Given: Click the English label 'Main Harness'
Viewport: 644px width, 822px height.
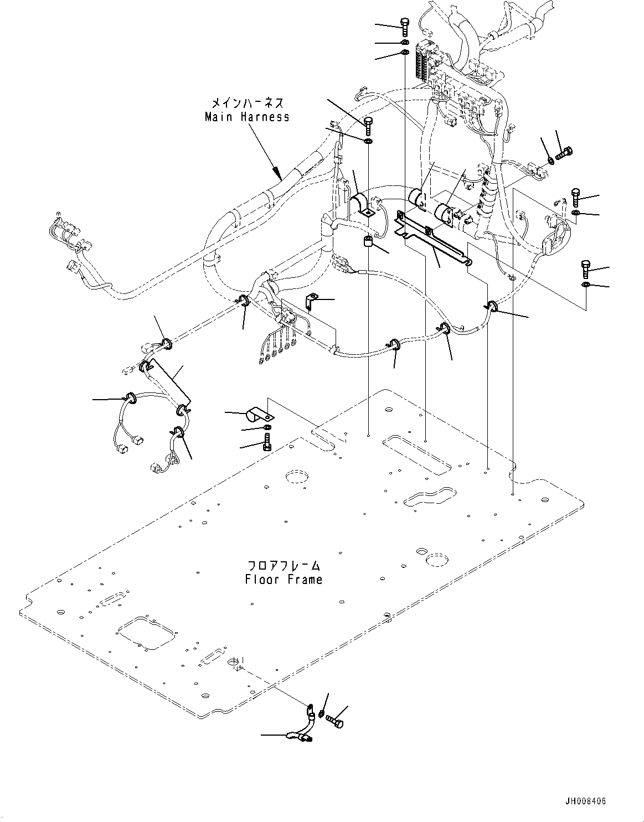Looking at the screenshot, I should [x=247, y=117].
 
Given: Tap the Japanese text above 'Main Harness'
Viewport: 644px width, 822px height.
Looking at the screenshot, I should [x=248, y=103].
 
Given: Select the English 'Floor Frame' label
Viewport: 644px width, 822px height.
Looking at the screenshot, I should [x=284, y=580].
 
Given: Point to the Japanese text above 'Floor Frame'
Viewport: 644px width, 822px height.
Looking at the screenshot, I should [x=284, y=566].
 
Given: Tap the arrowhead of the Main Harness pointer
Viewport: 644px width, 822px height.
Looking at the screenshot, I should [x=279, y=175].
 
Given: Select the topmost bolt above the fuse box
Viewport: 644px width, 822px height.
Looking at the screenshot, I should [x=404, y=26].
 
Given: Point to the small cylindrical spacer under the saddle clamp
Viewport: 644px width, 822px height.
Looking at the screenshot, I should [x=367, y=241].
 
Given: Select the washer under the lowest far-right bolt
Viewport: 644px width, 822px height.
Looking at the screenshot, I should [x=586, y=285].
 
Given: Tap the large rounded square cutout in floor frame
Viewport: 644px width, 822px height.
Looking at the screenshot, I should [x=143, y=632].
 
